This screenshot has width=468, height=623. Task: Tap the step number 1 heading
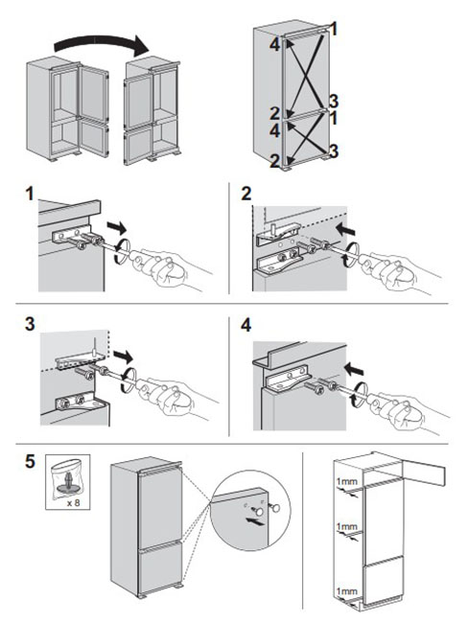pos(30,194)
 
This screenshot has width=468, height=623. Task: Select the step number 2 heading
pos(246,194)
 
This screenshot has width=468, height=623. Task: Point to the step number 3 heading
pos(30,325)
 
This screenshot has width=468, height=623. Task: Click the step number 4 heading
pos(246,326)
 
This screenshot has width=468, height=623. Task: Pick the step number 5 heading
pos(31,462)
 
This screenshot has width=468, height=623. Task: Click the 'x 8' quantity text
pos(73,502)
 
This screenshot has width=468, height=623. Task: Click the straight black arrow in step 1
pos(116,228)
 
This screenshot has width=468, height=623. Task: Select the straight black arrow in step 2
pos(345,229)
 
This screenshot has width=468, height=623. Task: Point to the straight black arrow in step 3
pos(123,357)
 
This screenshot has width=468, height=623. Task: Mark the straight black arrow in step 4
pos(354,370)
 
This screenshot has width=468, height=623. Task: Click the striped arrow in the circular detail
pos(254,521)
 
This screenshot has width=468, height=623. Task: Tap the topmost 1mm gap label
pos(347,482)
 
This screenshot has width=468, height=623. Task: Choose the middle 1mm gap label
pos(347,527)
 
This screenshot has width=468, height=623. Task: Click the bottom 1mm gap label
pos(347,591)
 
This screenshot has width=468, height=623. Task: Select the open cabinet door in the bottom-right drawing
pos(424,473)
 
